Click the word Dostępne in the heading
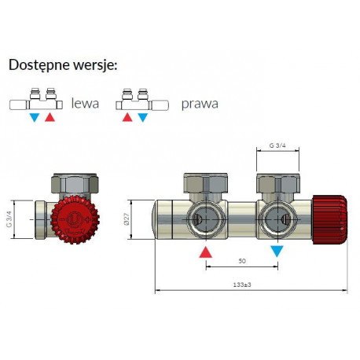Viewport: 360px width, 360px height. pos(39,65)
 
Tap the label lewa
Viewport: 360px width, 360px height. pos(85,103)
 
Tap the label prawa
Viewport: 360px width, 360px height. pos(200,104)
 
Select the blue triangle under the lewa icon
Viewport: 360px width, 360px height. pos(35,117)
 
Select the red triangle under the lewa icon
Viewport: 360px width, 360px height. pos(50,117)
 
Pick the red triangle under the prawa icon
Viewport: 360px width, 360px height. pos(127,117)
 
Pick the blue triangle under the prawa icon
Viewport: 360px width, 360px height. pos(143,117)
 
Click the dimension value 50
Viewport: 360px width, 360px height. pos(242,261)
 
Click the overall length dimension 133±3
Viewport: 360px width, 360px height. pos(242,285)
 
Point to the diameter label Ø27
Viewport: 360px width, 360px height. pos(127,219)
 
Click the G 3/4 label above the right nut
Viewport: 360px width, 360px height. pos(277,145)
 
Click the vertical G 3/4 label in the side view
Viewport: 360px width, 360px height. pos(9,219)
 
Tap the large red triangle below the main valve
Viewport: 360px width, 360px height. pos(206,252)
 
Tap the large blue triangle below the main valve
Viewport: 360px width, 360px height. pos(277,252)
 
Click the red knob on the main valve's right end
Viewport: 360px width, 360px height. pos(330,219)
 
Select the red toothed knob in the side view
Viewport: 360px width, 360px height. pos(75,219)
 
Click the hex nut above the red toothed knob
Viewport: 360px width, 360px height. pos(75,183)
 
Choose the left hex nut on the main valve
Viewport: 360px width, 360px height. pos(206,183)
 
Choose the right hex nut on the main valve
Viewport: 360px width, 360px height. pos(277,183)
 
